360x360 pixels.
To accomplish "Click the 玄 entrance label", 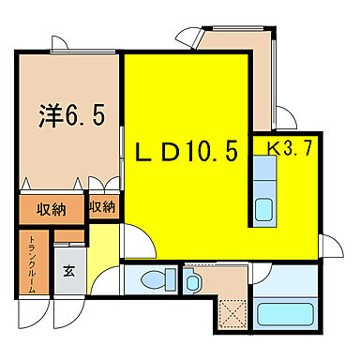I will tap(69, 272).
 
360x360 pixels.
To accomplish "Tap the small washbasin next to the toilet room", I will tap(194, 281).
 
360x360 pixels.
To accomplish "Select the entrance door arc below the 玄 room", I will tap(67, 315).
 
